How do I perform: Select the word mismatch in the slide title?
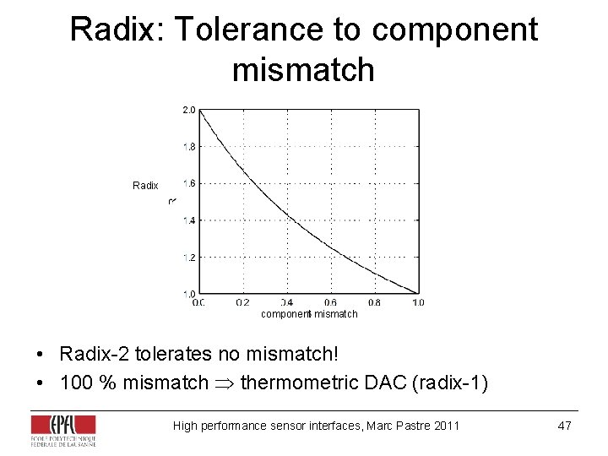(x=303, y=68)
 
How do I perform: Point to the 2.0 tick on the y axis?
(x=189, y=110)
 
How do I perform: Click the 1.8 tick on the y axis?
(x=189, y=146)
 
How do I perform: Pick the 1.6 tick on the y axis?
(x=189, y=183)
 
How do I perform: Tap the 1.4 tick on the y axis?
(x=189, y=220)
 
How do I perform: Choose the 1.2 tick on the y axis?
(x=189, y=258)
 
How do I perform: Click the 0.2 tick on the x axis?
(x=242, y=302)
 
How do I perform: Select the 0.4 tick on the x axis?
(x=286, y=302)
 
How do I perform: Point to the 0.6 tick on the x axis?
(x=330, y=302)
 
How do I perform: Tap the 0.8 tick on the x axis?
(x=374, y=302)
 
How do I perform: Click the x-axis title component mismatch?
(x=309, y=314)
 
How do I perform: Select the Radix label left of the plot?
(x=145, y=185)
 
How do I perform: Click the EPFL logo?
(x=63, y=430)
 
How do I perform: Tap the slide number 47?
(x=564, y=426)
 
